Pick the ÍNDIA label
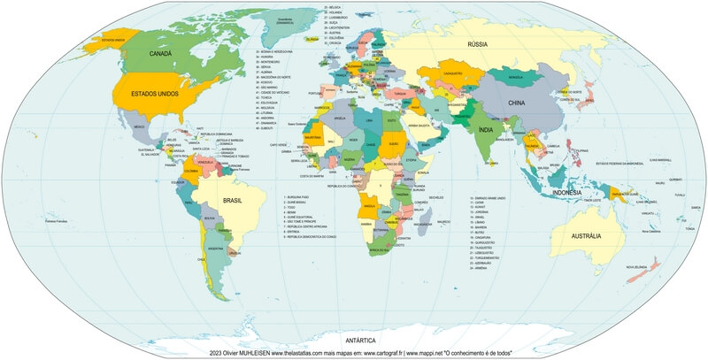click(485, 130)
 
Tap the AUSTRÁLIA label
click(584, 236)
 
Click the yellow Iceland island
click(312, 39)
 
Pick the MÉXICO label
click(139, 128)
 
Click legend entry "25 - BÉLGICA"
click(333, 5)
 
